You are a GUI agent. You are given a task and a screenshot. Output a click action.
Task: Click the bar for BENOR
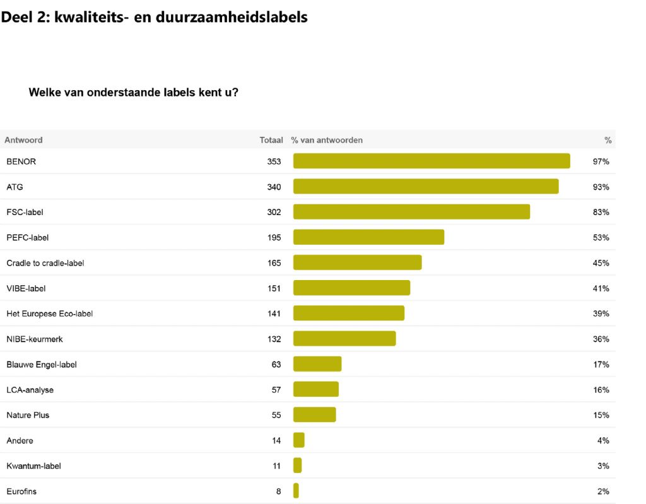(432, 161)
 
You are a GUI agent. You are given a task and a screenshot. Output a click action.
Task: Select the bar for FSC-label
(411, 212)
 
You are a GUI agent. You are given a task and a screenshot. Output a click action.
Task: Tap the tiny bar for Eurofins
(296, 491)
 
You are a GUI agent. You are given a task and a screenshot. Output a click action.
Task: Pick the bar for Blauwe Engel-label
(317, 364)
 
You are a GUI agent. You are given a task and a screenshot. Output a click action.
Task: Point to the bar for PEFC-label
(368, 237)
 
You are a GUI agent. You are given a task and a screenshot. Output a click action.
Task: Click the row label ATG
(15, 187)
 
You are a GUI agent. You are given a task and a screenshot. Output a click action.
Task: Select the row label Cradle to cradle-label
(45, 263)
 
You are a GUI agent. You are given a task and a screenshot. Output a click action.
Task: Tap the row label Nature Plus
(28, 415)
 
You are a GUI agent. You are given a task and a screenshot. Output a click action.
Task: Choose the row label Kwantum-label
(33, 466)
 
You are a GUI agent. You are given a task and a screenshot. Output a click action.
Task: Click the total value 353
(274, 161)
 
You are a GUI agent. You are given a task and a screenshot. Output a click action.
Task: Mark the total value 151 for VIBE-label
(274, 288)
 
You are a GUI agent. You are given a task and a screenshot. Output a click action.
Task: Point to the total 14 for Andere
(276, 440)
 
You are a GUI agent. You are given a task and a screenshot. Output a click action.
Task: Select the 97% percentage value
(601, 161)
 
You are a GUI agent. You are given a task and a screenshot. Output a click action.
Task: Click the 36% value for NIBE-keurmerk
(601, 339)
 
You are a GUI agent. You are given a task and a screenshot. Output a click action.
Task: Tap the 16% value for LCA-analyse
(601, 390)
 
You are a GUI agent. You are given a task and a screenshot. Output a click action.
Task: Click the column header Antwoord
(23, 140)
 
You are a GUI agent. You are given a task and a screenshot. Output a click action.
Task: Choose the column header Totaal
(271, 140)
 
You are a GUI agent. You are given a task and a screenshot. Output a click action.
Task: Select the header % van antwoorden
(327, 140)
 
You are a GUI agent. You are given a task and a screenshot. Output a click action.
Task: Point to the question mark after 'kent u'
(235, 92)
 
